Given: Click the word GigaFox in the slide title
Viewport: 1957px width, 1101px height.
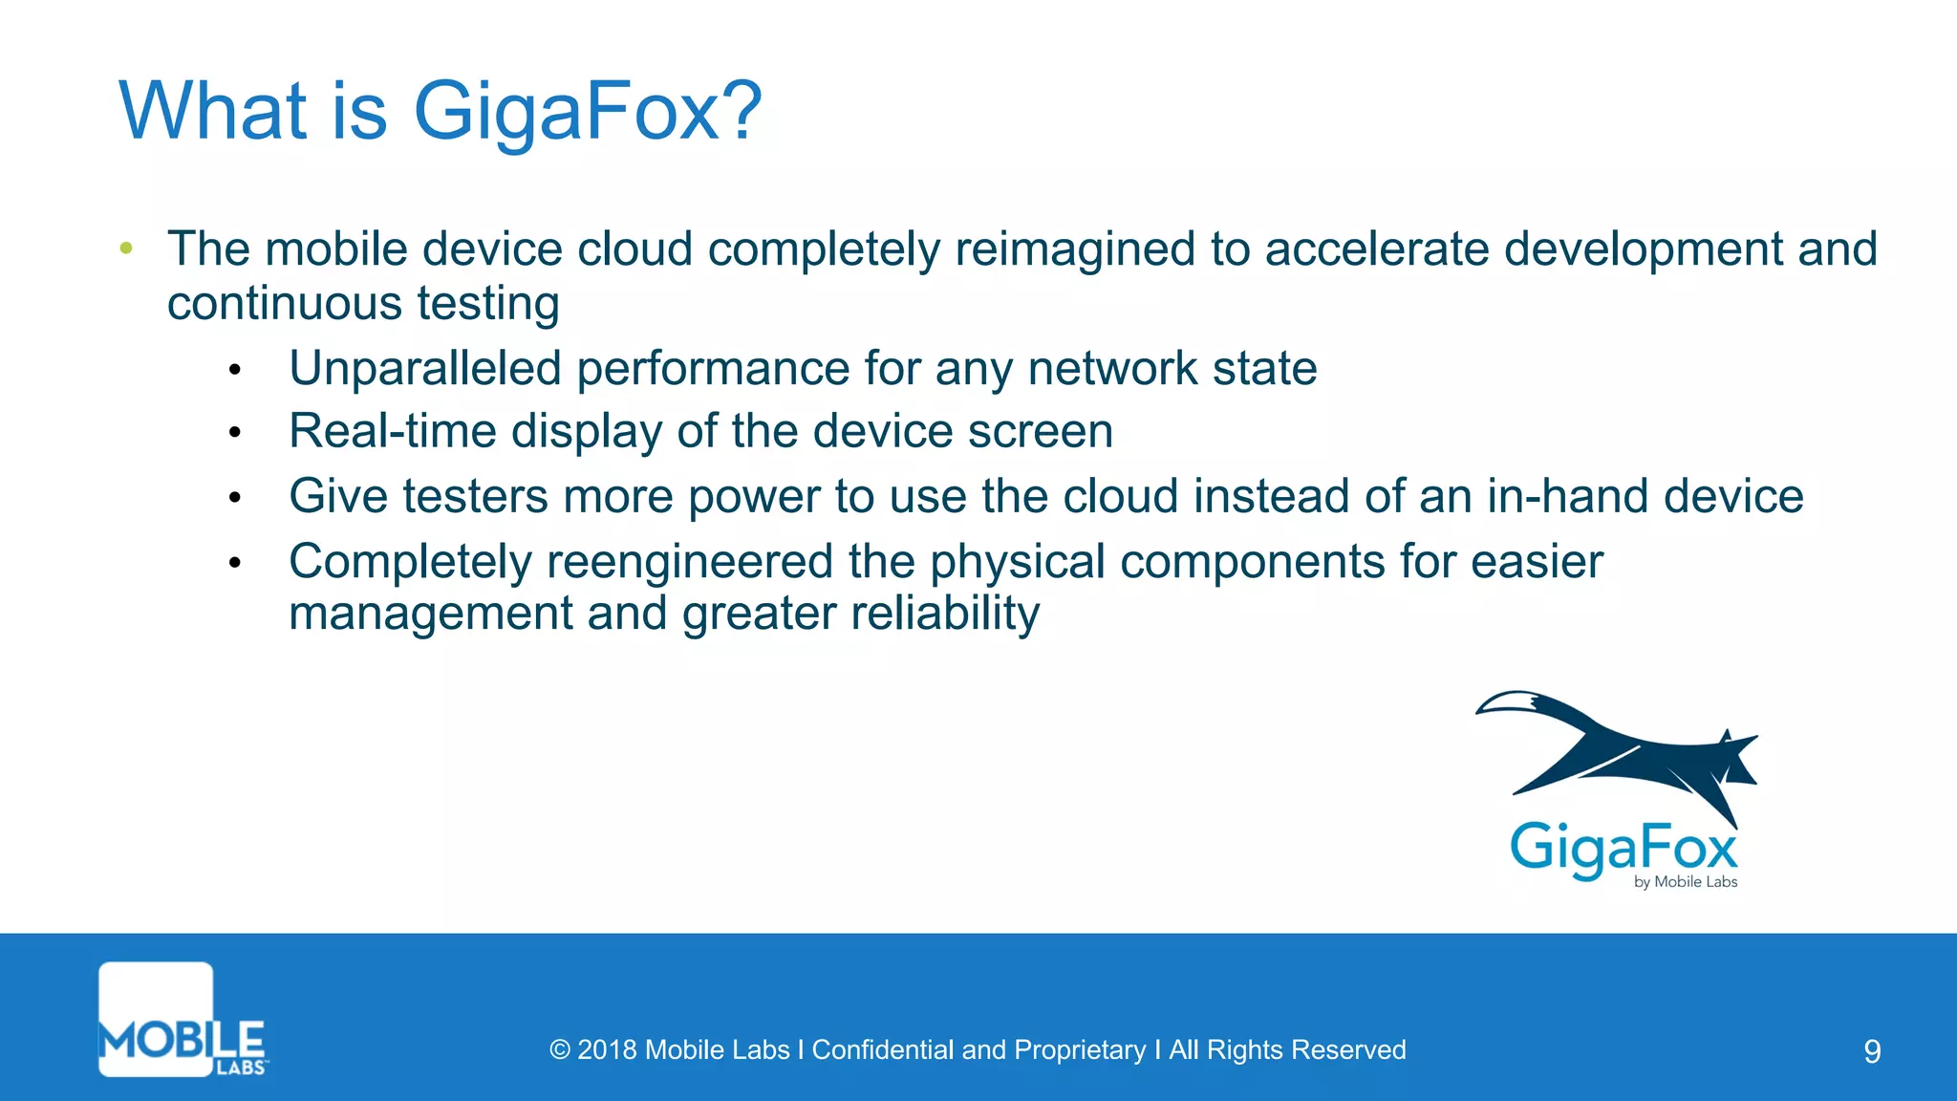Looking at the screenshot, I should (x=565, y=113).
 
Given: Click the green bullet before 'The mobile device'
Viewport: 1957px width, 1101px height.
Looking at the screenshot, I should (x=126, y=248).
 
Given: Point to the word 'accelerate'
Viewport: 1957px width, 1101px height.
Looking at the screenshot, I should (x=1377, y=248).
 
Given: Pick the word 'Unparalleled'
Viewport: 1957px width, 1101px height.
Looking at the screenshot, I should (x=425, y=369).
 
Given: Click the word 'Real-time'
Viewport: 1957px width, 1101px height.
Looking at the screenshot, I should (x=392, y=432).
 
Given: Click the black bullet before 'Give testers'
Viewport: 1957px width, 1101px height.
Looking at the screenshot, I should (x=235, y=498).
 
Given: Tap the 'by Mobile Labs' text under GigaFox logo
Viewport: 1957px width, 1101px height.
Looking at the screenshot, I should (x=1685, y=882).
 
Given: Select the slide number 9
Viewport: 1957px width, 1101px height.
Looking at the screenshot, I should (x=1872, y=1051).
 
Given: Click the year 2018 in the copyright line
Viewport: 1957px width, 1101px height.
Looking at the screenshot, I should (x=607, y=1050).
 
